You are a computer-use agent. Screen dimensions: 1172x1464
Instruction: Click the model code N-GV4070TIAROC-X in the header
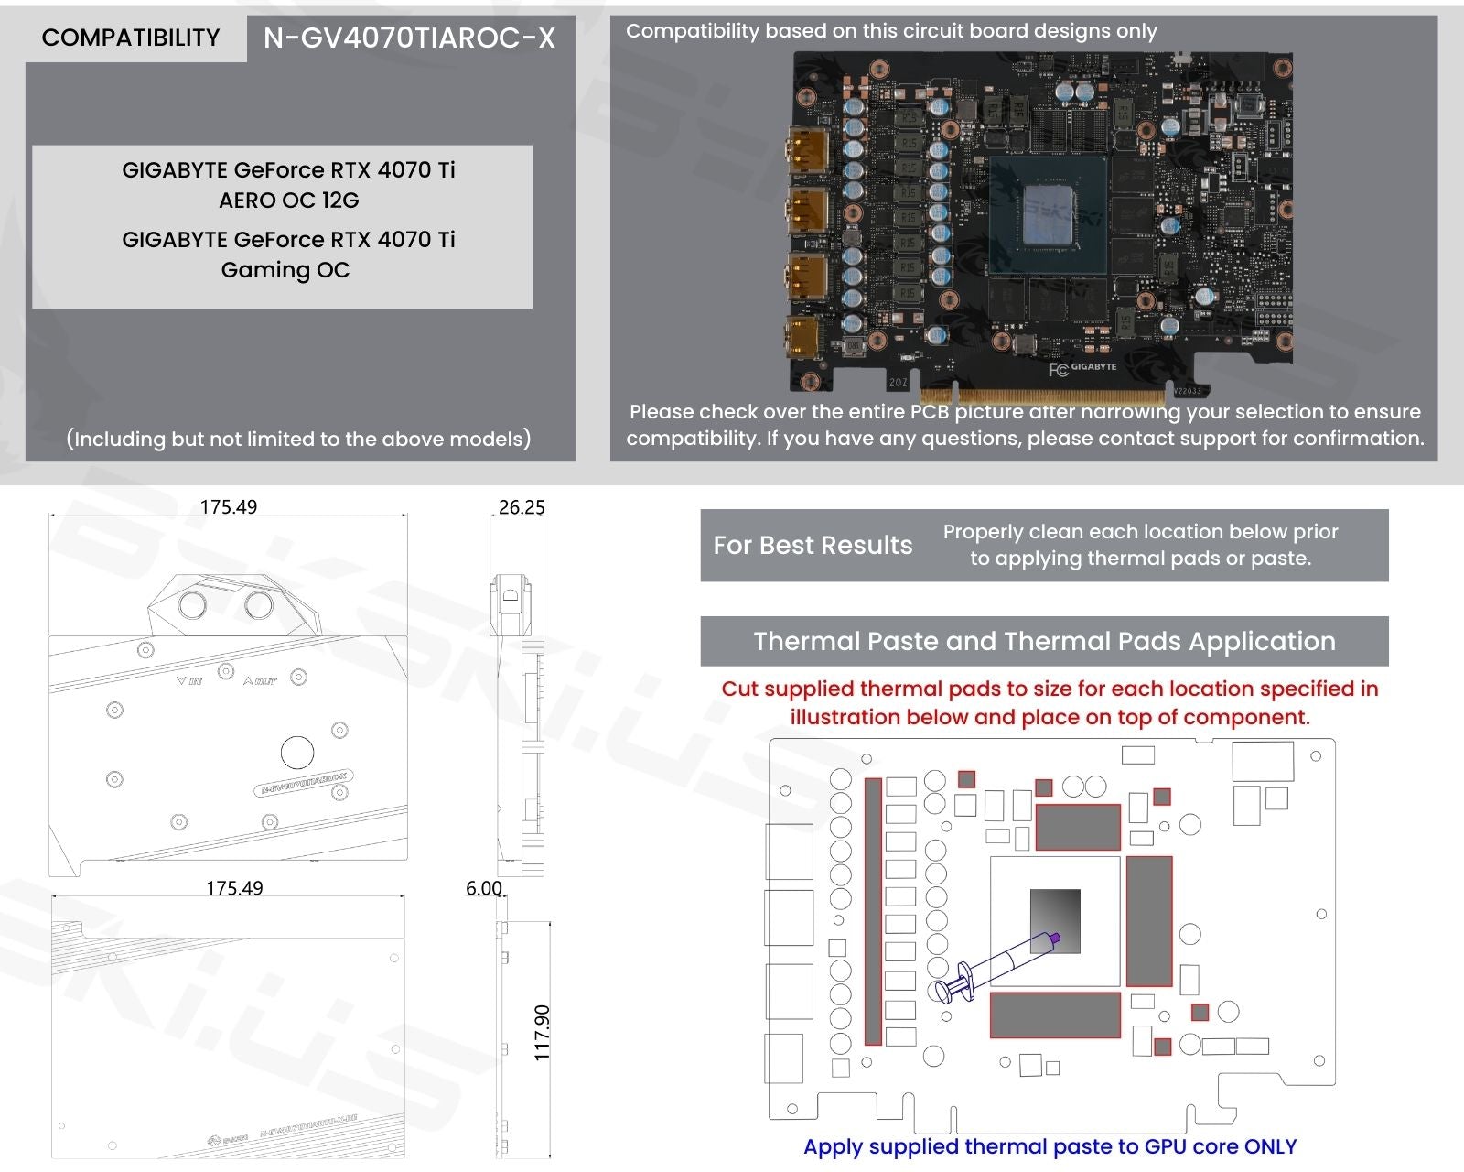point(409,38)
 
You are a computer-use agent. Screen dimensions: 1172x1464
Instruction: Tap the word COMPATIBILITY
point(131,38)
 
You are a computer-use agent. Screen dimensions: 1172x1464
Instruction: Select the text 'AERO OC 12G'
point(288,200)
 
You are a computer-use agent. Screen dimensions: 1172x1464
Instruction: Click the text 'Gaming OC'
point(285,269)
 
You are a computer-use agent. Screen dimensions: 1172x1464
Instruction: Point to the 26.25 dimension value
point(522,506)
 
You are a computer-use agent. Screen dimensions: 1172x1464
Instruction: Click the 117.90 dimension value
point(542,1032)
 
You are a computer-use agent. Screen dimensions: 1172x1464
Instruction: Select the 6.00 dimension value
point(484,888)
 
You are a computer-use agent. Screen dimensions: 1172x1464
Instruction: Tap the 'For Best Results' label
point(813,545)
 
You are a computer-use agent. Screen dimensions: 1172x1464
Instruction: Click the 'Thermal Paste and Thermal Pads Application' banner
point(1044,641)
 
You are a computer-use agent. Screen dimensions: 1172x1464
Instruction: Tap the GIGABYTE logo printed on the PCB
point(1093,367)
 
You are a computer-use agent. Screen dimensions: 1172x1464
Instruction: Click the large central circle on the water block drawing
point(297,752)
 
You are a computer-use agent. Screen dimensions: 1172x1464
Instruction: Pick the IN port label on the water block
point(189,681)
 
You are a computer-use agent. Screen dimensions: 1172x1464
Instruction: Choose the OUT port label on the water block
point(260,681)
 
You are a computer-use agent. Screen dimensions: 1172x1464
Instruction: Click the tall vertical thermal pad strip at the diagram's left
point(873,911)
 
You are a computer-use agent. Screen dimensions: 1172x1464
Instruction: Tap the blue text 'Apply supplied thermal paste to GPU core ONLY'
point(1050,1146)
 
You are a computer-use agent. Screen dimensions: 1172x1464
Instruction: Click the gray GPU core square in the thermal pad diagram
point(1055,920)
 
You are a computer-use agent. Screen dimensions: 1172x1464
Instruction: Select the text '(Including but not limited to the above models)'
point(298,439)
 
